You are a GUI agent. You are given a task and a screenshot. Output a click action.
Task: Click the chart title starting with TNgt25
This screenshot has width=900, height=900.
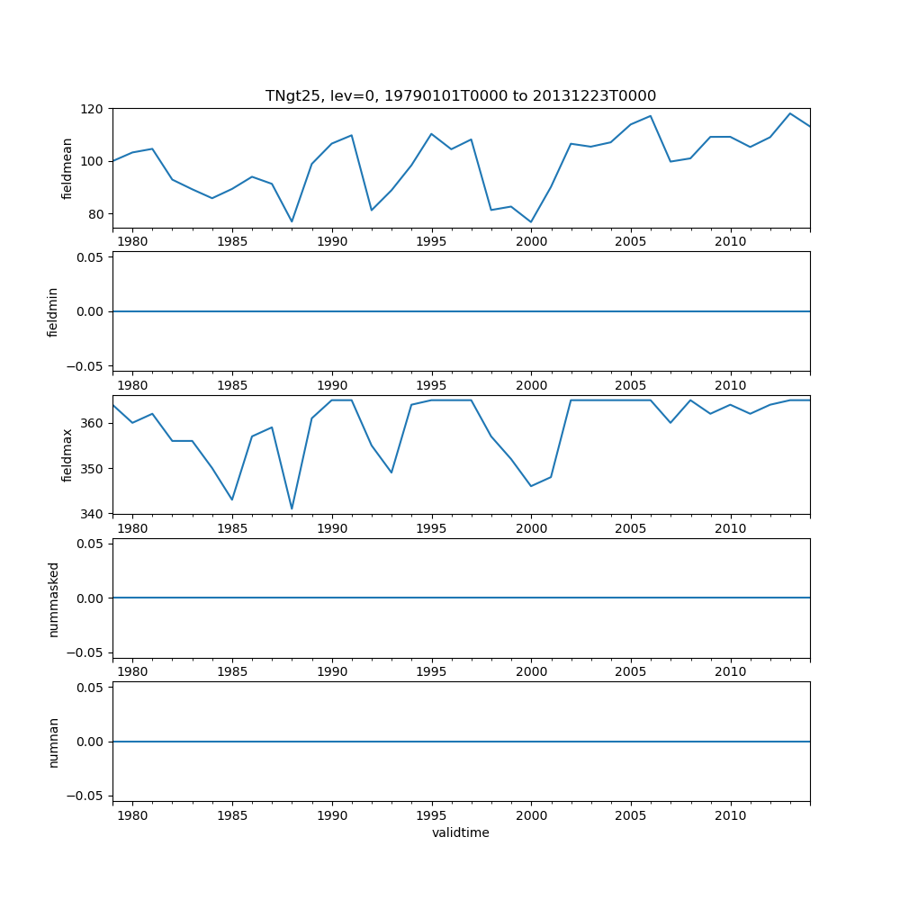pos(460,95)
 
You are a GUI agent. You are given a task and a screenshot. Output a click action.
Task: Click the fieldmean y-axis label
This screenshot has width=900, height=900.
pos(67,168)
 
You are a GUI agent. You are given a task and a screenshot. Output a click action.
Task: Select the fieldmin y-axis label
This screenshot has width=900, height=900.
pos(53,311)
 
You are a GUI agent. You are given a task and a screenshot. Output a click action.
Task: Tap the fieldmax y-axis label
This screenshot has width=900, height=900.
pos(67,454)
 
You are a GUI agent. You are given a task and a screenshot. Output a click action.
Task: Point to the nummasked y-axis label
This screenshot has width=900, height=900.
pos(53,598)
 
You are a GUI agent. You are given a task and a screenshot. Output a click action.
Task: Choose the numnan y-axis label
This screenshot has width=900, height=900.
pos(53,742)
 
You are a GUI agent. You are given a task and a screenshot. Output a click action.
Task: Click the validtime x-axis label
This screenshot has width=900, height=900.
pos(460,832)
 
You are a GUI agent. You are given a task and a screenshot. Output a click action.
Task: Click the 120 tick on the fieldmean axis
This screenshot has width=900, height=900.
pos(92,109)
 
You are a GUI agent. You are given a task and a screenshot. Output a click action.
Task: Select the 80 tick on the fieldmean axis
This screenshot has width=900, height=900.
pos(95,214)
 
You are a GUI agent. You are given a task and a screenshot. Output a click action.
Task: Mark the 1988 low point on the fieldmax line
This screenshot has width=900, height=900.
pos(292,508)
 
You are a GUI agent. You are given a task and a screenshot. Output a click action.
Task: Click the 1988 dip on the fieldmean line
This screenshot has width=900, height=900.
pos(292,221)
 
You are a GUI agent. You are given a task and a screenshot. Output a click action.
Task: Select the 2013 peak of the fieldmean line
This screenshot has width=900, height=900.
pos(790,113)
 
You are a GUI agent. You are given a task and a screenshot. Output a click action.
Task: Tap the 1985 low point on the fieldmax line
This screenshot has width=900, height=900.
pos(232,499)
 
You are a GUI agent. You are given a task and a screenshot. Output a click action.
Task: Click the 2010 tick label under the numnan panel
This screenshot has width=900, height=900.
pos(730,815)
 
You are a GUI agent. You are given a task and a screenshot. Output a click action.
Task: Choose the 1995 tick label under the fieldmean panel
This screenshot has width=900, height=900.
pos(431,241)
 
